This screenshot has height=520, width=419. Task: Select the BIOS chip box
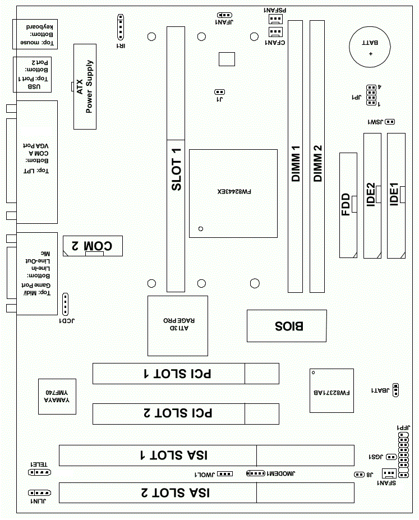(x=287, y=325)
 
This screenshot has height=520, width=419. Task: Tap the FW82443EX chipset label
(x=234, y=191)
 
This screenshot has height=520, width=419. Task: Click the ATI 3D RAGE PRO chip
(x=178, y=325)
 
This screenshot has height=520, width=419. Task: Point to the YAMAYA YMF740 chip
(x=57, y=396)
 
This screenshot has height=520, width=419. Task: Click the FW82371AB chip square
(x=331, y=390)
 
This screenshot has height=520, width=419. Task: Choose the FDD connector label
(x=346, y=205)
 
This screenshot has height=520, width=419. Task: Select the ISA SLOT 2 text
(x=174, y=493)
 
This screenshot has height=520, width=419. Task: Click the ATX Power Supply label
(x=84, y=86)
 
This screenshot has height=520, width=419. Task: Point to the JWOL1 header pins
(x=225, y=473)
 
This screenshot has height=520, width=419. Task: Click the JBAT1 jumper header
(x=396, y=390)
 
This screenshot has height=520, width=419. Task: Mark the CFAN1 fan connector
(x=275, y=32)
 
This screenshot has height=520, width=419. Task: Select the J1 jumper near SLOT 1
(x=220, y=91)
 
